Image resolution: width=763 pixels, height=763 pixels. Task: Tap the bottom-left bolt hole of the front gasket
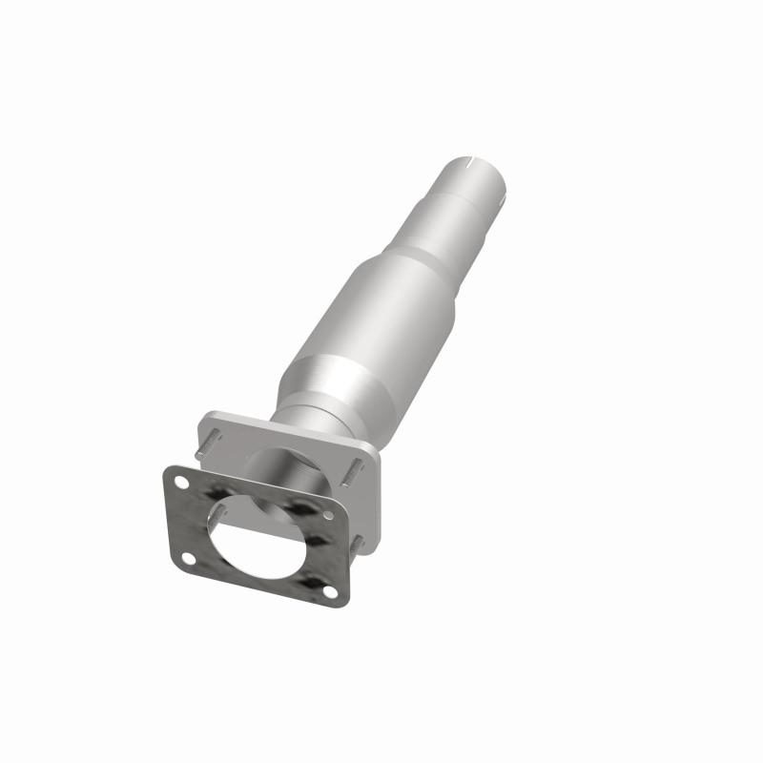pyautogui.click(x=188, y=558)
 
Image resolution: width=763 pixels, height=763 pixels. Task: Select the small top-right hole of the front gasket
pyautogui.click(x=328, y=515)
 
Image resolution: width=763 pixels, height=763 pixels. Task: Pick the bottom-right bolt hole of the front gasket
pyautogui.click(x=330, y=591)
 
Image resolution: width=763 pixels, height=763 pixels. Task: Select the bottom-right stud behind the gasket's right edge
pyautogui.click(x=359, y=545)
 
